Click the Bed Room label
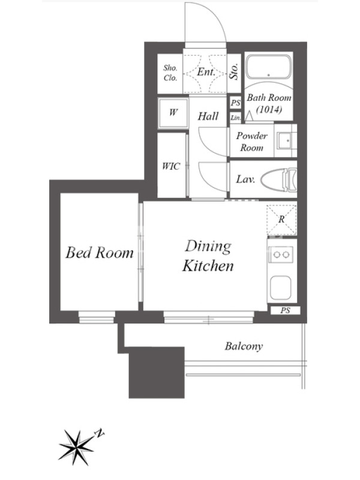100,253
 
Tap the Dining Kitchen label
208,256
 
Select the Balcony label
244,346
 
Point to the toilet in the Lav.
278,181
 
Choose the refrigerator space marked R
281,219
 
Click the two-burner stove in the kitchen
281,254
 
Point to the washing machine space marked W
173,113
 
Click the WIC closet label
171,166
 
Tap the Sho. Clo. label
170,73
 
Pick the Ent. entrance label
206,72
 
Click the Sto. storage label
235,71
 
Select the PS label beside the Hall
235,103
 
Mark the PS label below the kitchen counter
286,310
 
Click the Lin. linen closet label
235,118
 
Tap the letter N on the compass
100,433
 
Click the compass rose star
76,448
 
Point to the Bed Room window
97,317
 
